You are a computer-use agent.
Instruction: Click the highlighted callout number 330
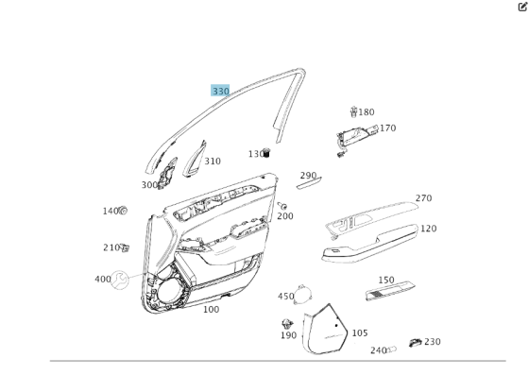click(220, 91)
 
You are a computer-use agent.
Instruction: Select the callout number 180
click(367, 112)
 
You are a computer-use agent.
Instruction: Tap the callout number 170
click(387, 128)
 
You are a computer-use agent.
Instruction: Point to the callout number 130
click(256, 154)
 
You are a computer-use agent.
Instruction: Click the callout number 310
click(213, 162)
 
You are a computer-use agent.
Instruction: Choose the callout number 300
click(149, 185)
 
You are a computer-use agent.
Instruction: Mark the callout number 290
click(308, 176)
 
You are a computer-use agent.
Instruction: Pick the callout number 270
click(423, 198)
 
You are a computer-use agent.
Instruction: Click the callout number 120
click(428, 229)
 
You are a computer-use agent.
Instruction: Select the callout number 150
click(386, 281)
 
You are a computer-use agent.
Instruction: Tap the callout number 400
click(103, 280)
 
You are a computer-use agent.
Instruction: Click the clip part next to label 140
click(123, 211)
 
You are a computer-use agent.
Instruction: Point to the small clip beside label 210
click(125, 248)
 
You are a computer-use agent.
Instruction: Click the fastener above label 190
click(288, 324)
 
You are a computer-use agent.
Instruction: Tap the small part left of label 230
click(414, 342)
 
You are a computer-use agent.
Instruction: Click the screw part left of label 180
click(353, 112)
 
